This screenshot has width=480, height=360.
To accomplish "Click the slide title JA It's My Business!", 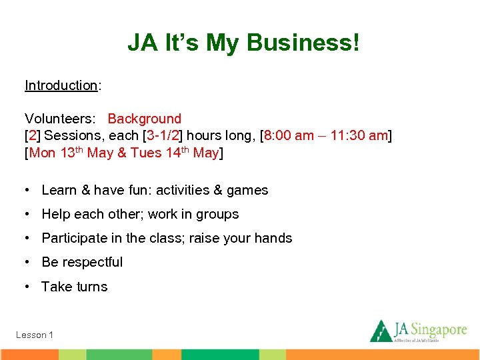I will click(243, 43).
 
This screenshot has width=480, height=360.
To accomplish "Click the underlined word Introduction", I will click(61, 85).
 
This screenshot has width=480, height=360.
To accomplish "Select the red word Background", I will click(144, 119).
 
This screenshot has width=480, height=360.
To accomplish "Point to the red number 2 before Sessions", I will click(32, 136).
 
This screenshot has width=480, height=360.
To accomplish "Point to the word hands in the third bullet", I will click(274, 239).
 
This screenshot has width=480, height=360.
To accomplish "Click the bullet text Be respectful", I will click(82, 262).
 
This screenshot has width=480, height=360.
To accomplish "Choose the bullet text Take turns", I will click(74, 287).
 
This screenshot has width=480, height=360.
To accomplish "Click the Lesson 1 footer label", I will click(35, 335).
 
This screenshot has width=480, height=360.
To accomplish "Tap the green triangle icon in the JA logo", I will click(381, 331).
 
